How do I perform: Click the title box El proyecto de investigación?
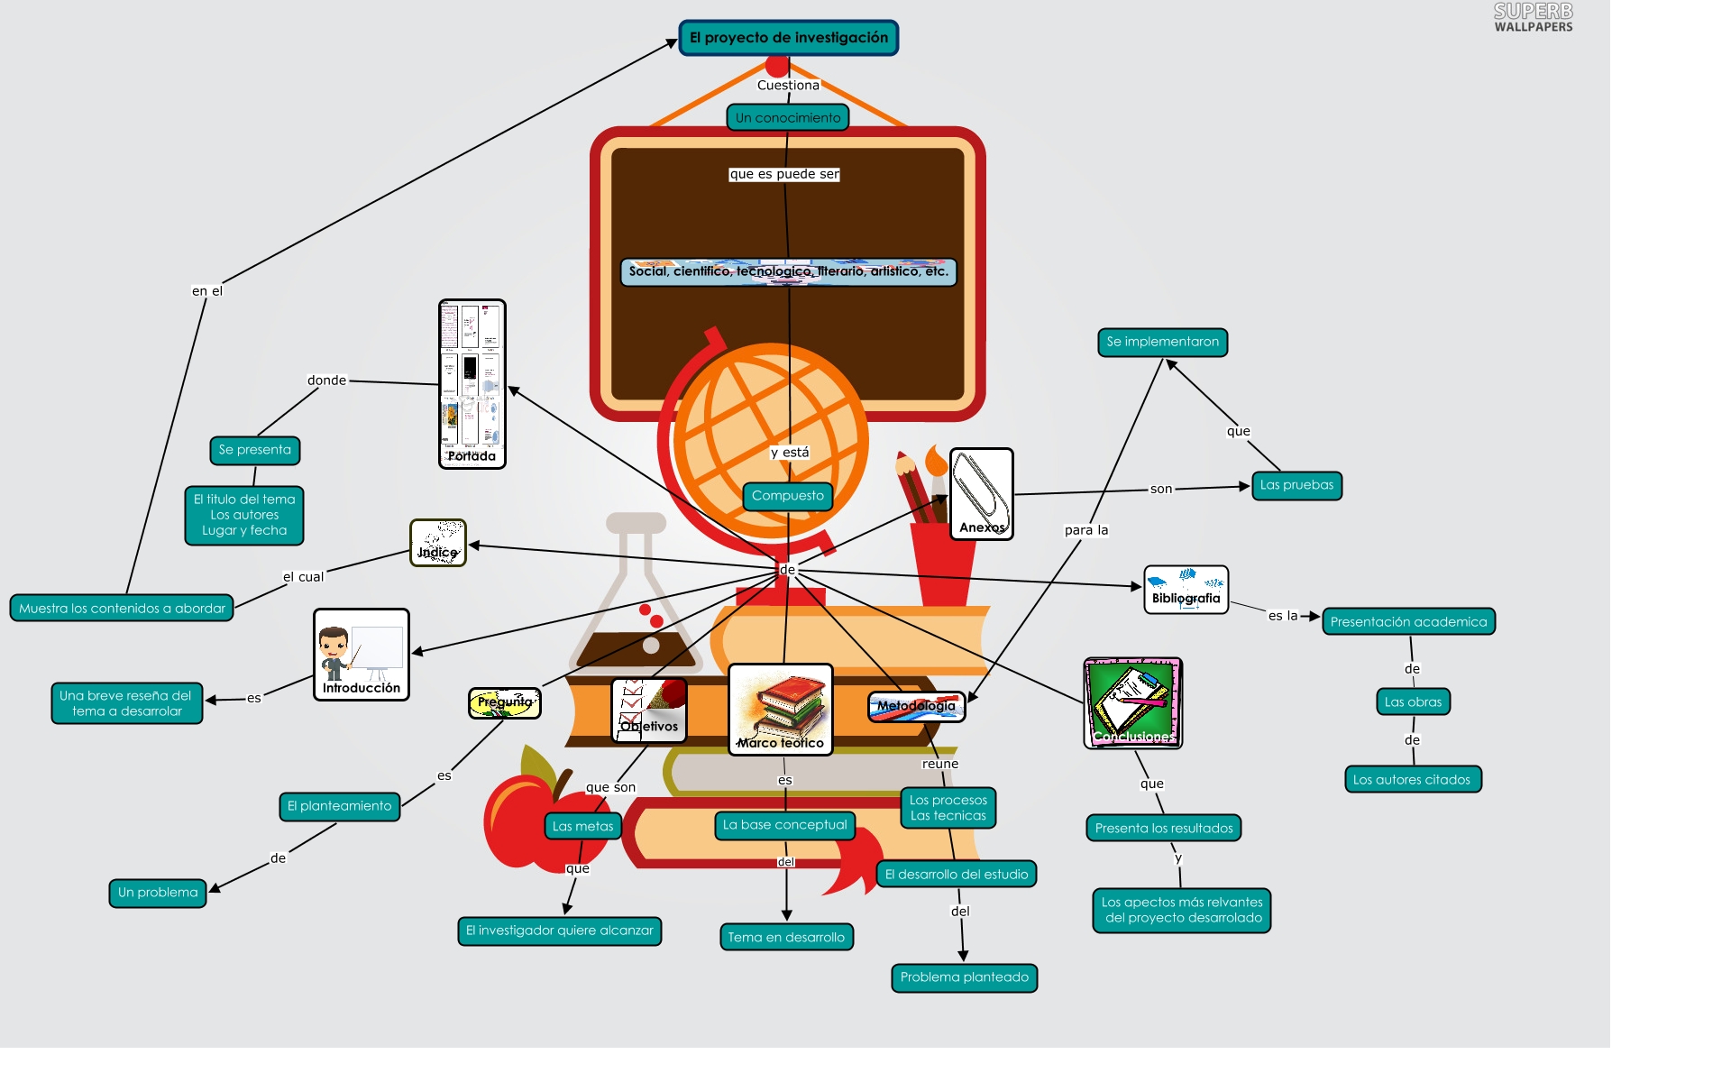788,38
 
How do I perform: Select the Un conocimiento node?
787,117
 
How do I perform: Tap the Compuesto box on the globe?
787,496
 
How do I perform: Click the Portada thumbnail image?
472,383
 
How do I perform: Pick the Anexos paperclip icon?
981,493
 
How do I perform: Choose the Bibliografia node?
1186,590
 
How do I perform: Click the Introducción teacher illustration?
361,654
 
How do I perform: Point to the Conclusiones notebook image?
1132,702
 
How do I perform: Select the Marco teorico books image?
780,709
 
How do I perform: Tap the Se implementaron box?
1162,343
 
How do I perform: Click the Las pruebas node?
1296,485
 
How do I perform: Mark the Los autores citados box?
1411,780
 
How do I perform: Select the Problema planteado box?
964,977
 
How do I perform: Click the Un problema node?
158,893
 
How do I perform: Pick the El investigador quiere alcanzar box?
559,931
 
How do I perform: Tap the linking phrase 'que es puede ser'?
784,174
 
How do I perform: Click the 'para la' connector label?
1085,530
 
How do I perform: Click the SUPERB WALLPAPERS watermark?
1533,18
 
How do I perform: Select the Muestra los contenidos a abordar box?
122,609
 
